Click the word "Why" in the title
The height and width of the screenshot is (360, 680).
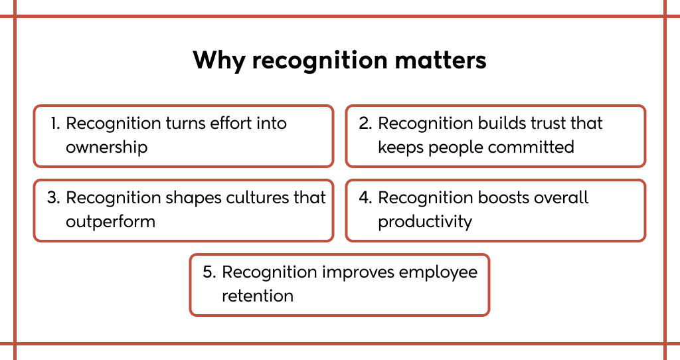[219, 60]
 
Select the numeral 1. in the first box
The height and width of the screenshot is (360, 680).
[55, 123]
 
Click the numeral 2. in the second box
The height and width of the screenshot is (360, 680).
[365, 123]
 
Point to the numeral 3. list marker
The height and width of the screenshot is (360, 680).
[53, 198]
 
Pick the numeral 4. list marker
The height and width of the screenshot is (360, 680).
[365, 198]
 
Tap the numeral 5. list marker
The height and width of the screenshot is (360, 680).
[209, 272]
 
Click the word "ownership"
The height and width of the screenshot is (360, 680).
[107, 147]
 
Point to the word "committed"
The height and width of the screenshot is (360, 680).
[531, 147]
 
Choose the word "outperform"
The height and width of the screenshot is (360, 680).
[111, 222]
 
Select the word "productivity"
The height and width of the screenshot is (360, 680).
[425, 222]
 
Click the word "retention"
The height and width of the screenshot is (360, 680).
[258, 296]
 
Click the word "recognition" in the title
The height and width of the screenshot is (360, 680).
[320, 60]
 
